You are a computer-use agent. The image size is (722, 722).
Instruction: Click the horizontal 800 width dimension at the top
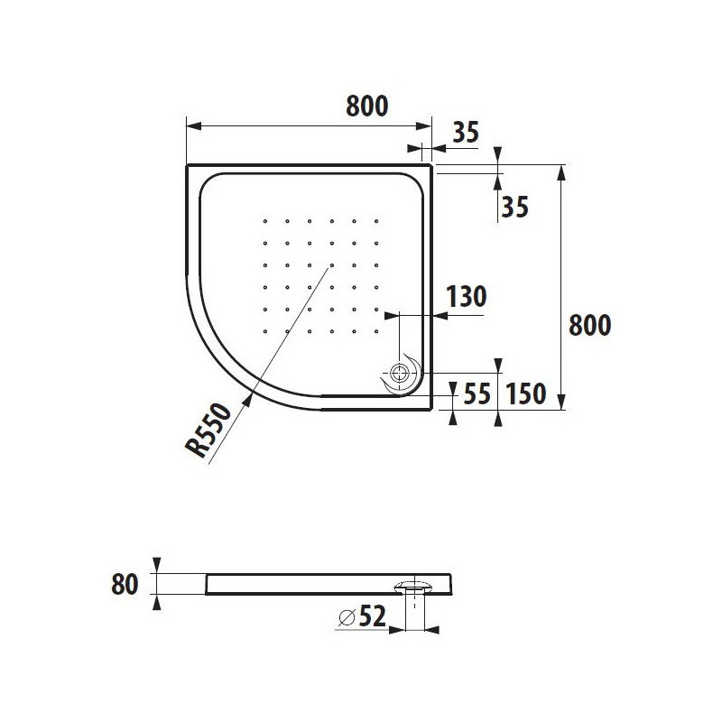367,106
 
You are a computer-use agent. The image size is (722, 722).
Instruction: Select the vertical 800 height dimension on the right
590,325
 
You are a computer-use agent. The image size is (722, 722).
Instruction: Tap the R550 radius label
208,430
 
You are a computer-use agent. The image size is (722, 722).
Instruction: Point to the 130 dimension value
467,297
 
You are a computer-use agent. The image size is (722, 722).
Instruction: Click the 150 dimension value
525,394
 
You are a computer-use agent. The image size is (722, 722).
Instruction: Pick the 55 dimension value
477,394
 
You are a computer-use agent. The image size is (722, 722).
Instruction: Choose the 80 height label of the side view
125,584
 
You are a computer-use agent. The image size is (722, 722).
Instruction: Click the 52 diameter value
373,616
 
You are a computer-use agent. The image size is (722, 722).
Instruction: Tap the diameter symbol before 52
347,617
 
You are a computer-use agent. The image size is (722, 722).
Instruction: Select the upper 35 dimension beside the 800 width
466,132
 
